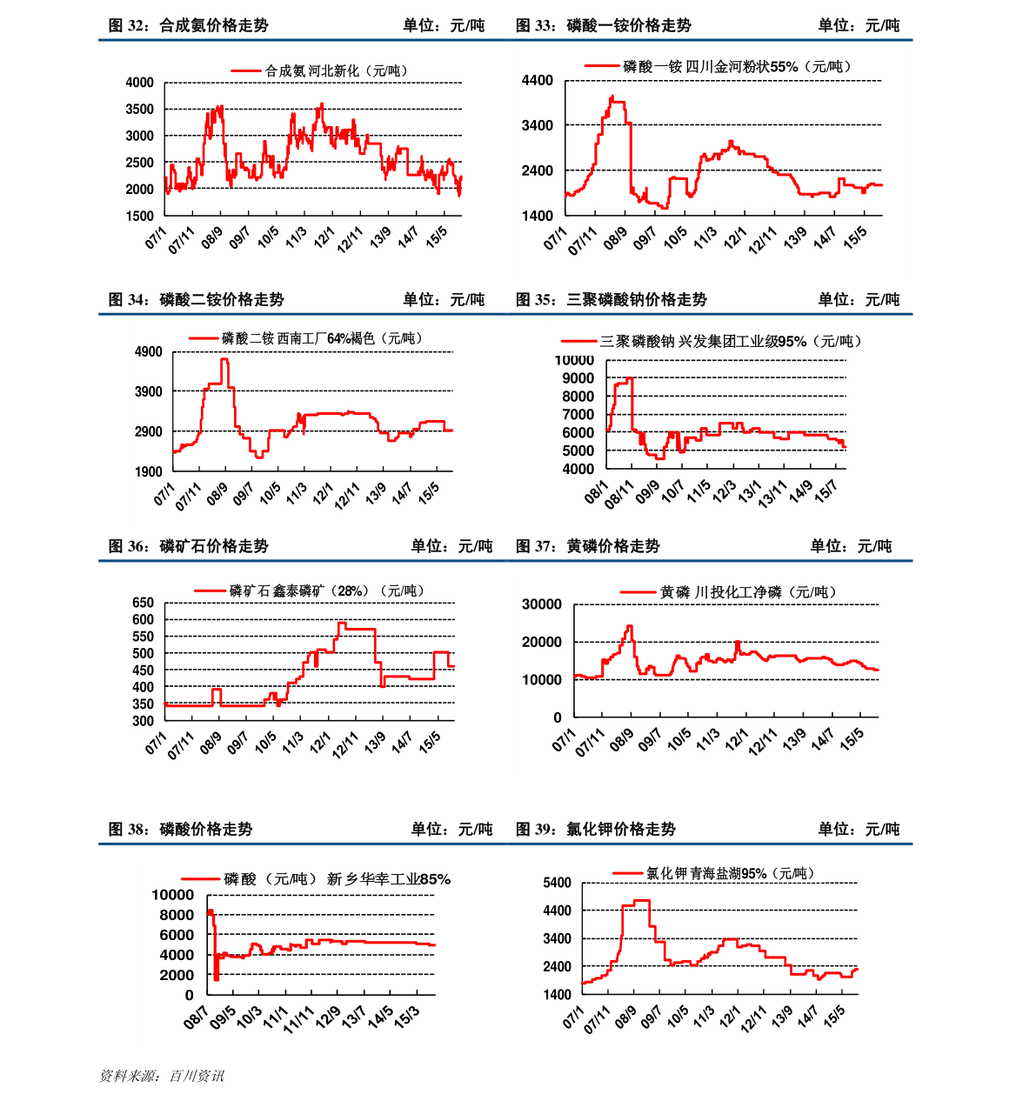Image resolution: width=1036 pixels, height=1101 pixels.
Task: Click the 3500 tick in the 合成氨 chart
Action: (139, 110)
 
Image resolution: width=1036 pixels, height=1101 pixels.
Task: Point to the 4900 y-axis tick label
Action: (148, 352)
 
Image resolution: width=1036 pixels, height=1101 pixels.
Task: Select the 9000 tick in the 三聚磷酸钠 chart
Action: (578, 378)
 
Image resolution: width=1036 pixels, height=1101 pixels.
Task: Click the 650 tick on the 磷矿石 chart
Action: (143, 603)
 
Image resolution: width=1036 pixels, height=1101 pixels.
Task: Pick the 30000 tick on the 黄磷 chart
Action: (541, 604)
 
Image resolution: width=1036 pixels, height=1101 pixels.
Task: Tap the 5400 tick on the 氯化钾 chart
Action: (557, 883)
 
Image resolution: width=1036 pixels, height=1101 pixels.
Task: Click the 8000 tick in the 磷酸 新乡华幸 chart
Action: (176, 915)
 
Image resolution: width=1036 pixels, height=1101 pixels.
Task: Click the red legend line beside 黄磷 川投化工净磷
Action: (638, 592)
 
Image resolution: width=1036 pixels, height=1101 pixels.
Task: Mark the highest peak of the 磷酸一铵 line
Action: (612, 97)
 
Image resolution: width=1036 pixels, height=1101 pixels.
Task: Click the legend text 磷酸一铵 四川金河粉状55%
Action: (738, 66)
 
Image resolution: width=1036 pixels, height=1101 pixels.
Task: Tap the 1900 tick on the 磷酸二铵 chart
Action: (148, 471)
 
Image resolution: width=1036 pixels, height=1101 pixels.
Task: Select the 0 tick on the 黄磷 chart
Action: (558, 717)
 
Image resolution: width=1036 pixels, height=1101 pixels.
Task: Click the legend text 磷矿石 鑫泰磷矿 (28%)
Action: (326, 591)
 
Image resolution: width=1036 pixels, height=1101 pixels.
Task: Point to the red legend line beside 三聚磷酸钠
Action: (577, 342)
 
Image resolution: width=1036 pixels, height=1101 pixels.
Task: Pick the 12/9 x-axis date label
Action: (328, 1017)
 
